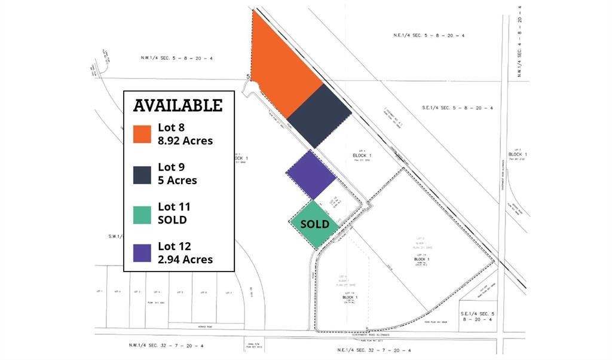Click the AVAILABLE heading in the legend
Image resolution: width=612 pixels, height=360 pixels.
pos(178,106)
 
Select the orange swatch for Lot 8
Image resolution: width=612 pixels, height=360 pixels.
pos(142,134)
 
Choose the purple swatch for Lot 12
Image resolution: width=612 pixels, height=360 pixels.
pos(142,253)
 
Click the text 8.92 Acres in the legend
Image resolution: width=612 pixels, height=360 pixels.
pos(185,141)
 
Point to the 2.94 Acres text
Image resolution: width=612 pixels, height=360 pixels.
pos(185,260)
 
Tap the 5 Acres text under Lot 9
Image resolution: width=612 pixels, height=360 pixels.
pos(178,180)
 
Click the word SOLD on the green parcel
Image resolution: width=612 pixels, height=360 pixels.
pos(314,224)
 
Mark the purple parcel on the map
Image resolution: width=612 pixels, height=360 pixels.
pos(311,174)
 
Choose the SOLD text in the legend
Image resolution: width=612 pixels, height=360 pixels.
pos(172,219)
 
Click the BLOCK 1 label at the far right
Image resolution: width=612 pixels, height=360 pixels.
pos(518,154)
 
